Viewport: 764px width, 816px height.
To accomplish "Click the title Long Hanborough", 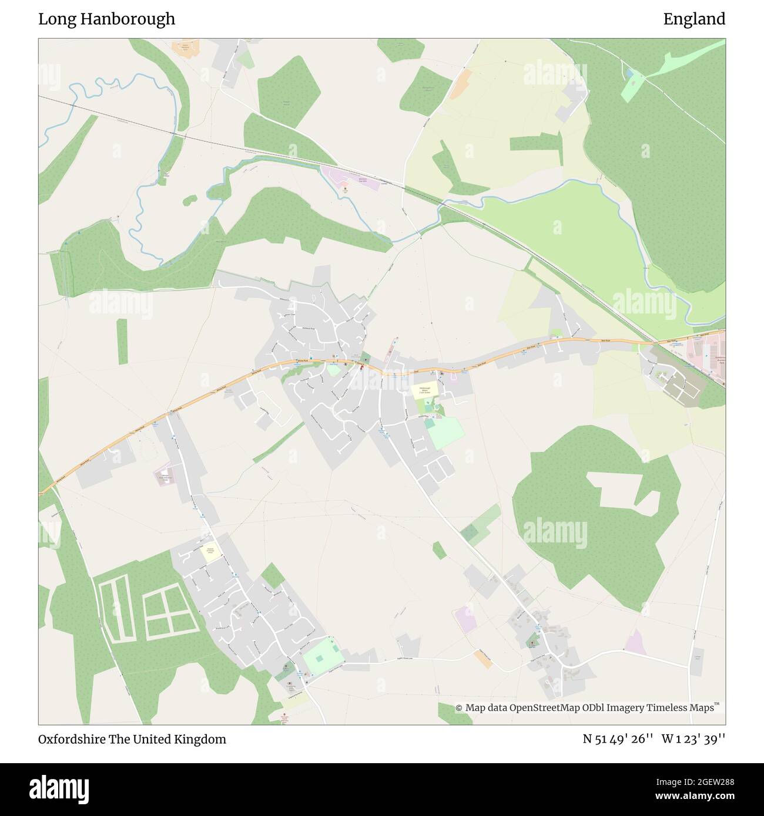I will pyautogui.click(x=106, y=19).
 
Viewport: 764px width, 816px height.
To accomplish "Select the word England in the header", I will pyautogui.click(x=694, y=19).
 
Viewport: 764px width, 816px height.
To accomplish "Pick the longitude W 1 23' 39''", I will pyautogui.click(x=693, y=739).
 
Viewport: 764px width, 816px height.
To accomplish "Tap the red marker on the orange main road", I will pyautogui.click(x=361, y=367).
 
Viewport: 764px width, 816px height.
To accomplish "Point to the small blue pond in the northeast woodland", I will pyautogui.click(x=630, y=75).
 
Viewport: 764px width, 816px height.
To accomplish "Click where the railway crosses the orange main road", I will pyautogui.click(x=654, y=342).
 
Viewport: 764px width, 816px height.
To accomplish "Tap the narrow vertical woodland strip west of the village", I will pyautogui.click(x=122, y=342).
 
